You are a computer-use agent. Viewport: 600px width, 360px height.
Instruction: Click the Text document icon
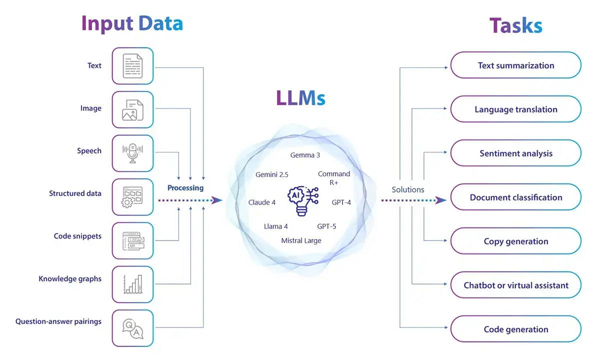(132, 65)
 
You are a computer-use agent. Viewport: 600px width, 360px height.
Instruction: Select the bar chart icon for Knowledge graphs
(132, 284)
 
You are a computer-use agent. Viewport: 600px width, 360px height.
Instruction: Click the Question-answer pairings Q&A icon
(132, 328)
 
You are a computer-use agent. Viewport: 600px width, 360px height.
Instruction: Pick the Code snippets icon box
(132, 240)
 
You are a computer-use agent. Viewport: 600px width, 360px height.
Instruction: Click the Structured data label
(75, 193)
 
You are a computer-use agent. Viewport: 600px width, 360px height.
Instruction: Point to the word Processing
(185, 188)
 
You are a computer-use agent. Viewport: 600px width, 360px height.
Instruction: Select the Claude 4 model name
(262, 202)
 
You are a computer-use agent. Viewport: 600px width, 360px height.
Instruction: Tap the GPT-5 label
(326, 226)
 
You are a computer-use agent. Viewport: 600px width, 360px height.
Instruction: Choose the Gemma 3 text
(305, 155)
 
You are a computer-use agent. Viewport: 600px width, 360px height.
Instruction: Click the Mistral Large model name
(301, 240)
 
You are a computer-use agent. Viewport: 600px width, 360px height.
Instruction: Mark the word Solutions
(408, 189)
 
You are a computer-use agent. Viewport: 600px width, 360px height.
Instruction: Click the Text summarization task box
(515, 65)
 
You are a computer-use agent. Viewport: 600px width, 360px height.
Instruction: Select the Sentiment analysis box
(515, 153)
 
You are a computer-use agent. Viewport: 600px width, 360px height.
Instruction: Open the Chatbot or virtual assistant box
(515, 285)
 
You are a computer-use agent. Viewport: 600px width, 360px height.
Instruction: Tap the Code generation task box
(515, 329)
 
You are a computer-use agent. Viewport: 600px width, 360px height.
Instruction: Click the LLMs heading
(300, 97)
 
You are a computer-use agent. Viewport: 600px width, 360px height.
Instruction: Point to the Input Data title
(132, 23)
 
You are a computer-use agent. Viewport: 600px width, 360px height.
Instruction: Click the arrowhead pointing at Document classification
(441, 200)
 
